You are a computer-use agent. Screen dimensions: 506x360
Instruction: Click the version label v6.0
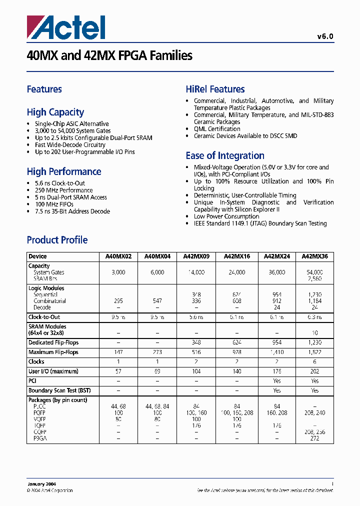325,36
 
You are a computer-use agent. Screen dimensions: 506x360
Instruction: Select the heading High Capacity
55,112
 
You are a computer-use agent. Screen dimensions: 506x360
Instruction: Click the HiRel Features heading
215,89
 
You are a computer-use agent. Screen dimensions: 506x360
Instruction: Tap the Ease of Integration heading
225,155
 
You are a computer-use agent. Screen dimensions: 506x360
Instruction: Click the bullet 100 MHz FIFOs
54,204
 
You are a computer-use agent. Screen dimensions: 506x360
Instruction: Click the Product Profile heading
57,240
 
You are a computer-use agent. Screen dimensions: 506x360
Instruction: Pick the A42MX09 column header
196,256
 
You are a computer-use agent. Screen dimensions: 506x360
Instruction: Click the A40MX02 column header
118,256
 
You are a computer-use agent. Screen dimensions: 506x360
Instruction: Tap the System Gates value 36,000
276,272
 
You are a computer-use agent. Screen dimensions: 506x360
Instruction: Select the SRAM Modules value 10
315,332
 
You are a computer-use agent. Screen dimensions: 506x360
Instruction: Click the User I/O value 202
315,371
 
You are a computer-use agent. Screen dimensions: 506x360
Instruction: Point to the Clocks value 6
315,361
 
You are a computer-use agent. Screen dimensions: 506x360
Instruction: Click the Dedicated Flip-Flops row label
53,342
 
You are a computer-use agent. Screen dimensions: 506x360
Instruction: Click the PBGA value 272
315,438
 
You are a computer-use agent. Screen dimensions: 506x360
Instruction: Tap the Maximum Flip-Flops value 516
196,352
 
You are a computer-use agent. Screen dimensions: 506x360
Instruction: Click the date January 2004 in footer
41,484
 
